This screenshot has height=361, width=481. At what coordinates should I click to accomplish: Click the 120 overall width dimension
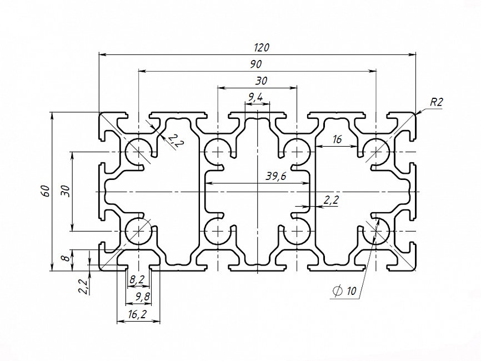(262, 48)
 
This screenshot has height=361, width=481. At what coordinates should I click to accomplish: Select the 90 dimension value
(256, 64)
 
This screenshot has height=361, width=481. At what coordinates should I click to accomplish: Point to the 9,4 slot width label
(256, 97)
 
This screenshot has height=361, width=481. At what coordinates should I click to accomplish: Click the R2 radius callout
(436, 102)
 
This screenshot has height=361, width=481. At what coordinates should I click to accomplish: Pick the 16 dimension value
(337, 139)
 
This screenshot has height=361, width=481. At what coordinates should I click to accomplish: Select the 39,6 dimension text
(275, 177)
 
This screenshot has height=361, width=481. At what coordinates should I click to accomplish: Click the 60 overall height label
(47, 191)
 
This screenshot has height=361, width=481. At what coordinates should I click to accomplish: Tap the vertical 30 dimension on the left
(65, 190)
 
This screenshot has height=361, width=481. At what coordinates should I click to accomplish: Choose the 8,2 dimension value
(136, 279)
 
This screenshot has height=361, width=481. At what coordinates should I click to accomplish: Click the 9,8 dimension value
(139, 297)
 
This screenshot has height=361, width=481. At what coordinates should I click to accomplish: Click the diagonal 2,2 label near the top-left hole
(175, 141)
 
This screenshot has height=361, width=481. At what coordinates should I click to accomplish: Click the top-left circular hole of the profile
(137, 151)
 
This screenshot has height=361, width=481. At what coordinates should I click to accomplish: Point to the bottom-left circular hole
(137, 230)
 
